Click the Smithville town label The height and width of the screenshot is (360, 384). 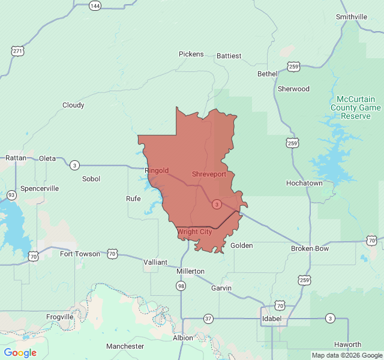[351, 17]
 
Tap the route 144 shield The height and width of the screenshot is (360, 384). [95, 5]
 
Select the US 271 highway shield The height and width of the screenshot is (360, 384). [17, 51]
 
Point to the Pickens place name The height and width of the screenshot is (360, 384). [191, 54]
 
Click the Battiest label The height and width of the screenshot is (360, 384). [229, 56]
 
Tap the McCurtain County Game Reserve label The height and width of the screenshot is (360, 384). [355, 107]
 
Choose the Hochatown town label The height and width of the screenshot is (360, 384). [304, 183]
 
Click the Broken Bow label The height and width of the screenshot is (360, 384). [310, 248]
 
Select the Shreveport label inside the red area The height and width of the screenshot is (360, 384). [209, 174]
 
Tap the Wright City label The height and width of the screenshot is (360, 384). [195, 232]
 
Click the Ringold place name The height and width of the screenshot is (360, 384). [157, 170]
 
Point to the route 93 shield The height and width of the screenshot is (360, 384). [11, 195]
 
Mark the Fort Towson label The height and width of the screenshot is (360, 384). [80, 254]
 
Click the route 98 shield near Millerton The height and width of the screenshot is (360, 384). [181, 286]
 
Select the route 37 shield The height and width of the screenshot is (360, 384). [208, 318]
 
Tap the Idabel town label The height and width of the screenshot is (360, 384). [272, 318]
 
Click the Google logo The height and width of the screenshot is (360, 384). [20, 353]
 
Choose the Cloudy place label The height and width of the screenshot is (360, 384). [73, 105]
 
